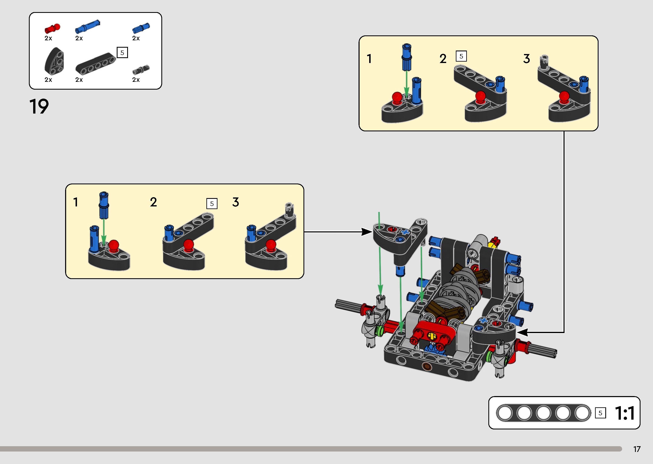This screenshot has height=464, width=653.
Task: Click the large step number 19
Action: (39, 107)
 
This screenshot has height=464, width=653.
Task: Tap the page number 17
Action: (637, 449)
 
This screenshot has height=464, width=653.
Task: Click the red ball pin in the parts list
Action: (52, 28)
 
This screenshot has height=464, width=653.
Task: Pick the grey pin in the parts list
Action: (141, 69)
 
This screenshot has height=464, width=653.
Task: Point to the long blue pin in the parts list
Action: (87, 27)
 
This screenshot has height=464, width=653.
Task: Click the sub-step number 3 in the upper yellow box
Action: (526, 59)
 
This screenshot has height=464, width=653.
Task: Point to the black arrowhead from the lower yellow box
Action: (367, 232)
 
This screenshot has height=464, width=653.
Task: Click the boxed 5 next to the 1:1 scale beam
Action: (600, 413)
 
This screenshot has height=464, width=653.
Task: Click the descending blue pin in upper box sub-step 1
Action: (406, 57)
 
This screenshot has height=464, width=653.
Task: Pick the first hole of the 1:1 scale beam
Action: (504, 413)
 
